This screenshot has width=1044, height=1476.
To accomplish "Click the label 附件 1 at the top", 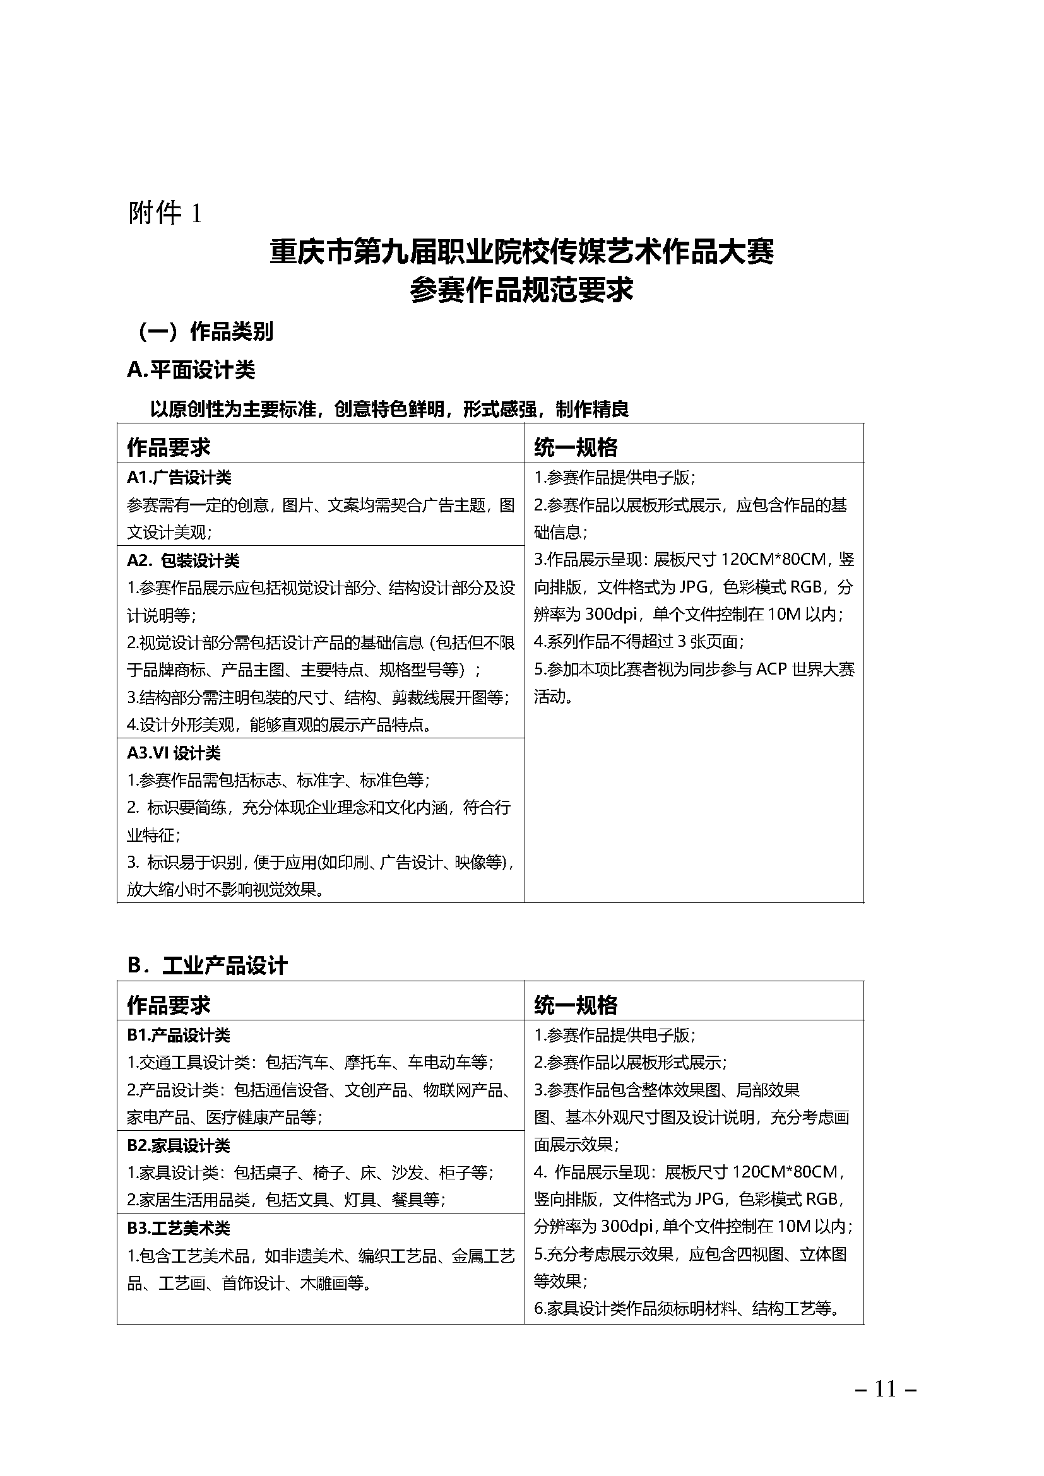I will [x=165, y=213].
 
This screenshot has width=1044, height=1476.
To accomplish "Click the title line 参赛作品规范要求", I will [x=521, y=290].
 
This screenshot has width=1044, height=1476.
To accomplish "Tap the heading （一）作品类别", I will [x=205, y=332].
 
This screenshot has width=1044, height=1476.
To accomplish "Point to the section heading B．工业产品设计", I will [x=207, y=966].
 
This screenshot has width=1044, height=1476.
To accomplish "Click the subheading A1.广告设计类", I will [x=179, y=478].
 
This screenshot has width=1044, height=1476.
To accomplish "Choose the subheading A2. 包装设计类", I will [x=182, y=560].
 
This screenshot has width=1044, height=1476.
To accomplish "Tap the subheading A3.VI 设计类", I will [x=174, y=753].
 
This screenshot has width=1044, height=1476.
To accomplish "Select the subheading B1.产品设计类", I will [x=178, y=1035].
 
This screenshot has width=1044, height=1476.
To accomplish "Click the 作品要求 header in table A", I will [x=169, y=447].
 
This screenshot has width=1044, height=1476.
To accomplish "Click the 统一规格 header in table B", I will [x=576, y=1005].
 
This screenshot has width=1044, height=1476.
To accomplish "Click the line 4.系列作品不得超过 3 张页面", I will [x=639, y=642].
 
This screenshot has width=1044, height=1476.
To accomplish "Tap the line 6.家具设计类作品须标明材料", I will [x=687, y=1309].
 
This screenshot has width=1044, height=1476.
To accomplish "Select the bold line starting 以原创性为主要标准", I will [x=389, y=409].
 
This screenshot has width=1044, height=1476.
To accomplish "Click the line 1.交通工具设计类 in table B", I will [x=310, y=1063].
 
